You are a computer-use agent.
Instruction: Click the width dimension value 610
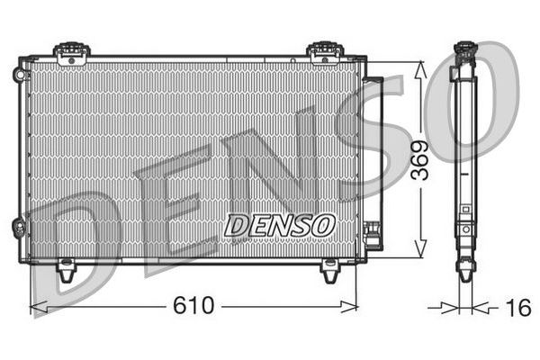click(x=193, y=306)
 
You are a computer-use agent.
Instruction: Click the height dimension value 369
click(x=419, y=160)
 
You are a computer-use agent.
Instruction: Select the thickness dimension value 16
click(x=517, y=308)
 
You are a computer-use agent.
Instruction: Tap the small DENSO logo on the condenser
click(x=279, y=224)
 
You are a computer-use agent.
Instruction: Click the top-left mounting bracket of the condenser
click(x=71, y=52)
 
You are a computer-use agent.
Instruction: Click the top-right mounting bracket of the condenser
click(x=322, y=52)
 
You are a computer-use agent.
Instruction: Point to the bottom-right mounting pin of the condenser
click(x=330, y=268)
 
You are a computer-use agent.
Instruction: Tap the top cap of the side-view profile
click(x=464, y=49)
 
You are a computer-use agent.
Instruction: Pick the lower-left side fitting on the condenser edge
click(x=18, y=227)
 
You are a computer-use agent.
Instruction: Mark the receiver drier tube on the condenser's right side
click(x=376, y=153)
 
